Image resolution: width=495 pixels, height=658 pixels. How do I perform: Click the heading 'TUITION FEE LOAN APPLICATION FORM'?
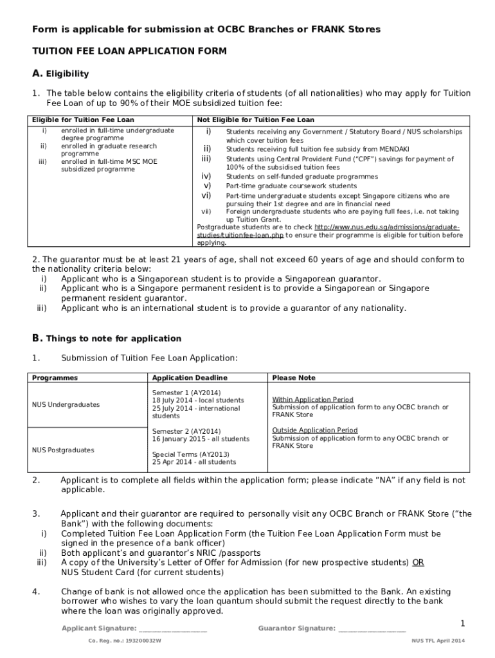click(x=129, y=51)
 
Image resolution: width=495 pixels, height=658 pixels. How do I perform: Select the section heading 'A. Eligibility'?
click(x=60, y=73)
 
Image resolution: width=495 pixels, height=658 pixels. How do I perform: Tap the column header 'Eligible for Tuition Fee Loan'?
click(x=84, y=120)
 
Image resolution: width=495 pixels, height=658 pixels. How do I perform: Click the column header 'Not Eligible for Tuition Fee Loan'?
click(x=255, y=120)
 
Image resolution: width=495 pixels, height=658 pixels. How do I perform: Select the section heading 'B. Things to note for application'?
click(x=107, y=338)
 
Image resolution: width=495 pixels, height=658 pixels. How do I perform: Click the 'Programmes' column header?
click(x=55, y=378)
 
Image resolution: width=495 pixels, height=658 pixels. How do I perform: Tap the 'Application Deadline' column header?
click(x=190, y=378)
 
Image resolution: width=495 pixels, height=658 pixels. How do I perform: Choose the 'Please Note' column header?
click(x=294, y=378)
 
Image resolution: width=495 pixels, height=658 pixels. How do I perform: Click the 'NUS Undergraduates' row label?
click(x=66, y=405)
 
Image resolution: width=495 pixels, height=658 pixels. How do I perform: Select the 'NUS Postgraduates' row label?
click(x=63, y=450)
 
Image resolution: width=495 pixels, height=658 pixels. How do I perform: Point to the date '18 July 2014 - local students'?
click(x=198, y=400)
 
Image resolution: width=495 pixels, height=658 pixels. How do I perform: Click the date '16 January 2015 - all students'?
click(x=201, y=439)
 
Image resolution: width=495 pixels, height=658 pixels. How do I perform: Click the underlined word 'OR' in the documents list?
click(x=418, y=562)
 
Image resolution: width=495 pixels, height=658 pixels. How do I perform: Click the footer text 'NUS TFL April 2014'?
click(x=438, y=641)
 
